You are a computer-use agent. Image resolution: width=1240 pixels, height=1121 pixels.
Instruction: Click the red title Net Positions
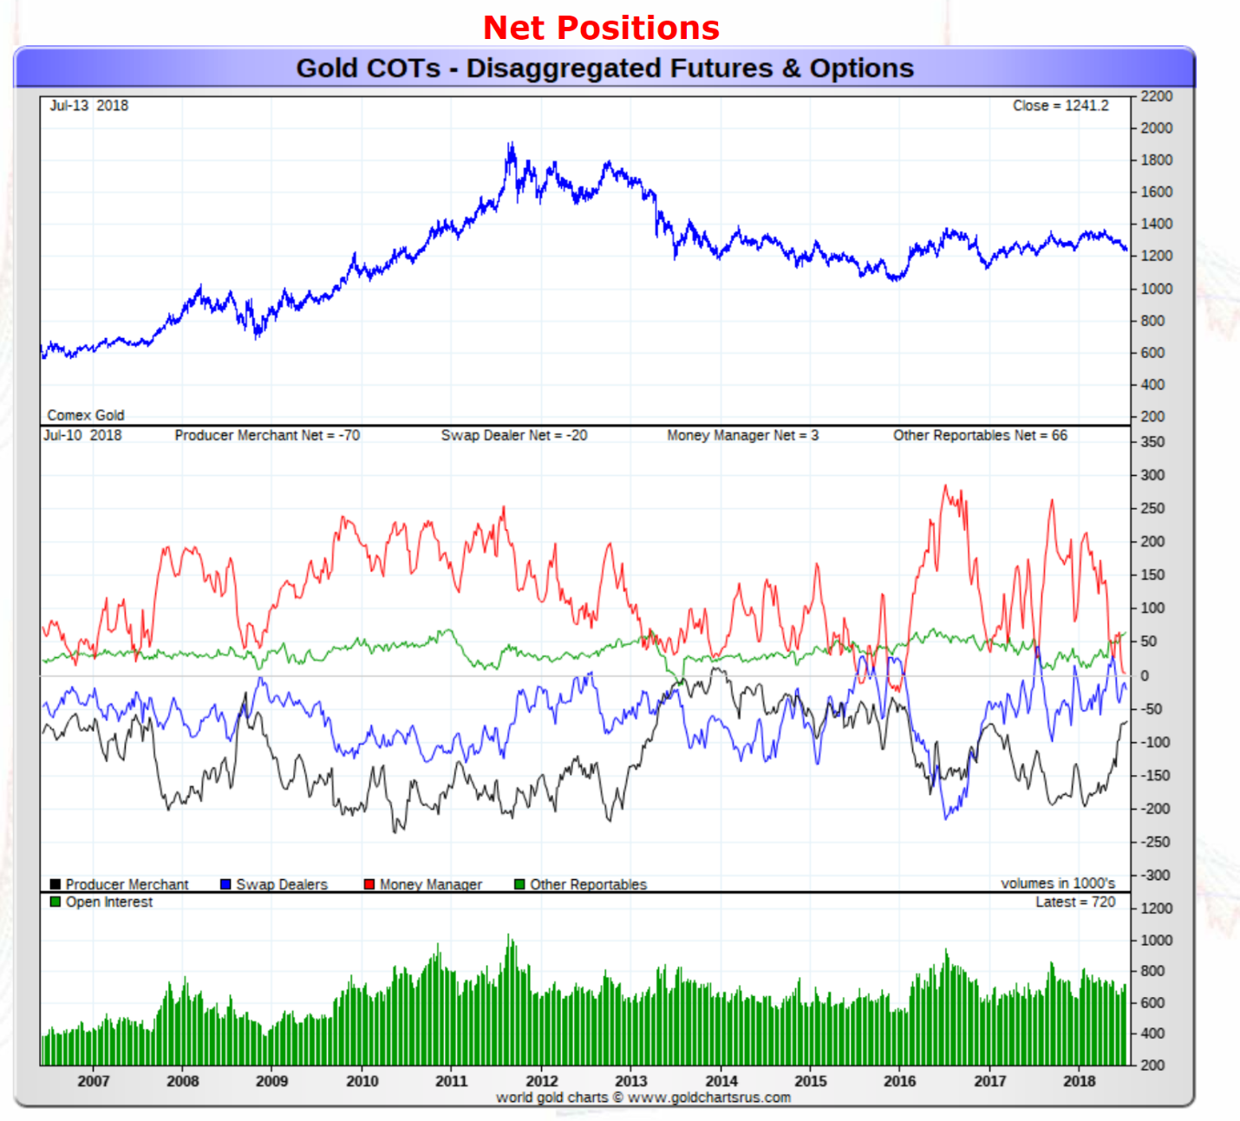tap(601, 28)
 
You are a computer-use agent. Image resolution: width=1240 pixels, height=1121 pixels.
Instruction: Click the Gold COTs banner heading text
tap(604, 68)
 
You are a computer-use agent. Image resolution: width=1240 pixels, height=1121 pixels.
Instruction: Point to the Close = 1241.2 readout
tap(1060, 106)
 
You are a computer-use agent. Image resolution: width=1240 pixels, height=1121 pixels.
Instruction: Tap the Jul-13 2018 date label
tap(88, 106)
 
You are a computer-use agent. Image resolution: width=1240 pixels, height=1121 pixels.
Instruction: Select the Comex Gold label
tap(86, 415)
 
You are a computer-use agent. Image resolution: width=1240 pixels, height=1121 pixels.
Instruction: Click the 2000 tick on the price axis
tap(1156, 128)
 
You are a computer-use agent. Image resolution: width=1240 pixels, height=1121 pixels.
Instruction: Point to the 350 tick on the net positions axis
tap(1152, 442)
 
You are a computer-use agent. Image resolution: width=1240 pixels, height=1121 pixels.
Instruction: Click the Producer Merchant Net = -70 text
tap(267, 435)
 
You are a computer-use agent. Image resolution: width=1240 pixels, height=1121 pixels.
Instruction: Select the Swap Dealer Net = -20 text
tap(514, 435)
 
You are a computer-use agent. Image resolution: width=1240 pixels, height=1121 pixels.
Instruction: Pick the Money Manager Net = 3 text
tap(742, 435)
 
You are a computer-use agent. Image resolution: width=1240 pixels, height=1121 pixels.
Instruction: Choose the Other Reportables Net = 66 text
tap(980, 435)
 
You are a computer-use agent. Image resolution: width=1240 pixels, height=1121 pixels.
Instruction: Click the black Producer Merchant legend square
tap(55, 884)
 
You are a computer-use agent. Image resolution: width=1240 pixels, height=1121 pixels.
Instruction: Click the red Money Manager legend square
tap(369, 884)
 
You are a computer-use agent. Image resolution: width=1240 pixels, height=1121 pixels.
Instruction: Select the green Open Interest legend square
tap(55, 902)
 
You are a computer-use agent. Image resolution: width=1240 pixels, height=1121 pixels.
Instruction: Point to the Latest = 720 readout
tap(1075, 903)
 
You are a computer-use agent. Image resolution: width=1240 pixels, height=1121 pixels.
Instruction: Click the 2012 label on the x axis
tap(541, 1081)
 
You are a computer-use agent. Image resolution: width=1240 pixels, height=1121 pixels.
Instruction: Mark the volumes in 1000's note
tap(1058, 883)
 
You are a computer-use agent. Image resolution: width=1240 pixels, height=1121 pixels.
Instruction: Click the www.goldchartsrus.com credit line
tap(643, 1098)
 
